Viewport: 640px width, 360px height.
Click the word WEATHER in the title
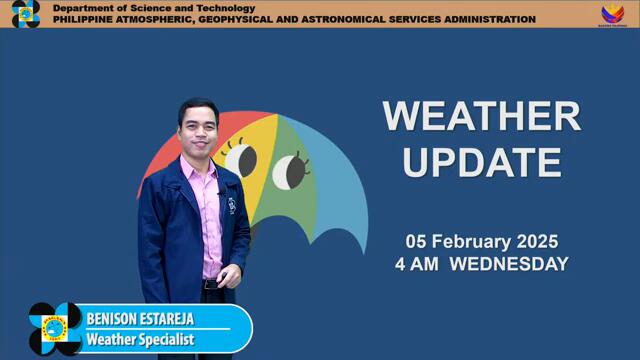coord(481,117)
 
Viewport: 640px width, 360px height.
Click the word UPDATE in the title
coord(481,161)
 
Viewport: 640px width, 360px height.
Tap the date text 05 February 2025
coord(481,242)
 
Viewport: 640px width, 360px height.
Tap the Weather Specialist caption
coord(139,339)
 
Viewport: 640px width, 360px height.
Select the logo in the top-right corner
coord(612,14)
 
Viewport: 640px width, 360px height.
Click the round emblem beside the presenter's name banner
coord(55,329)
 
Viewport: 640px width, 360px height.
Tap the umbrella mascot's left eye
coord(241,158)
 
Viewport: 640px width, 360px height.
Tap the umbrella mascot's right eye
coord(289,169)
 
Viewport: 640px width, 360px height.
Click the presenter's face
coord(198,130)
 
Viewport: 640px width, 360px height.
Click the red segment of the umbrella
coord(160,160)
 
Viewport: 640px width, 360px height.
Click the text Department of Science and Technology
coord(154,8)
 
